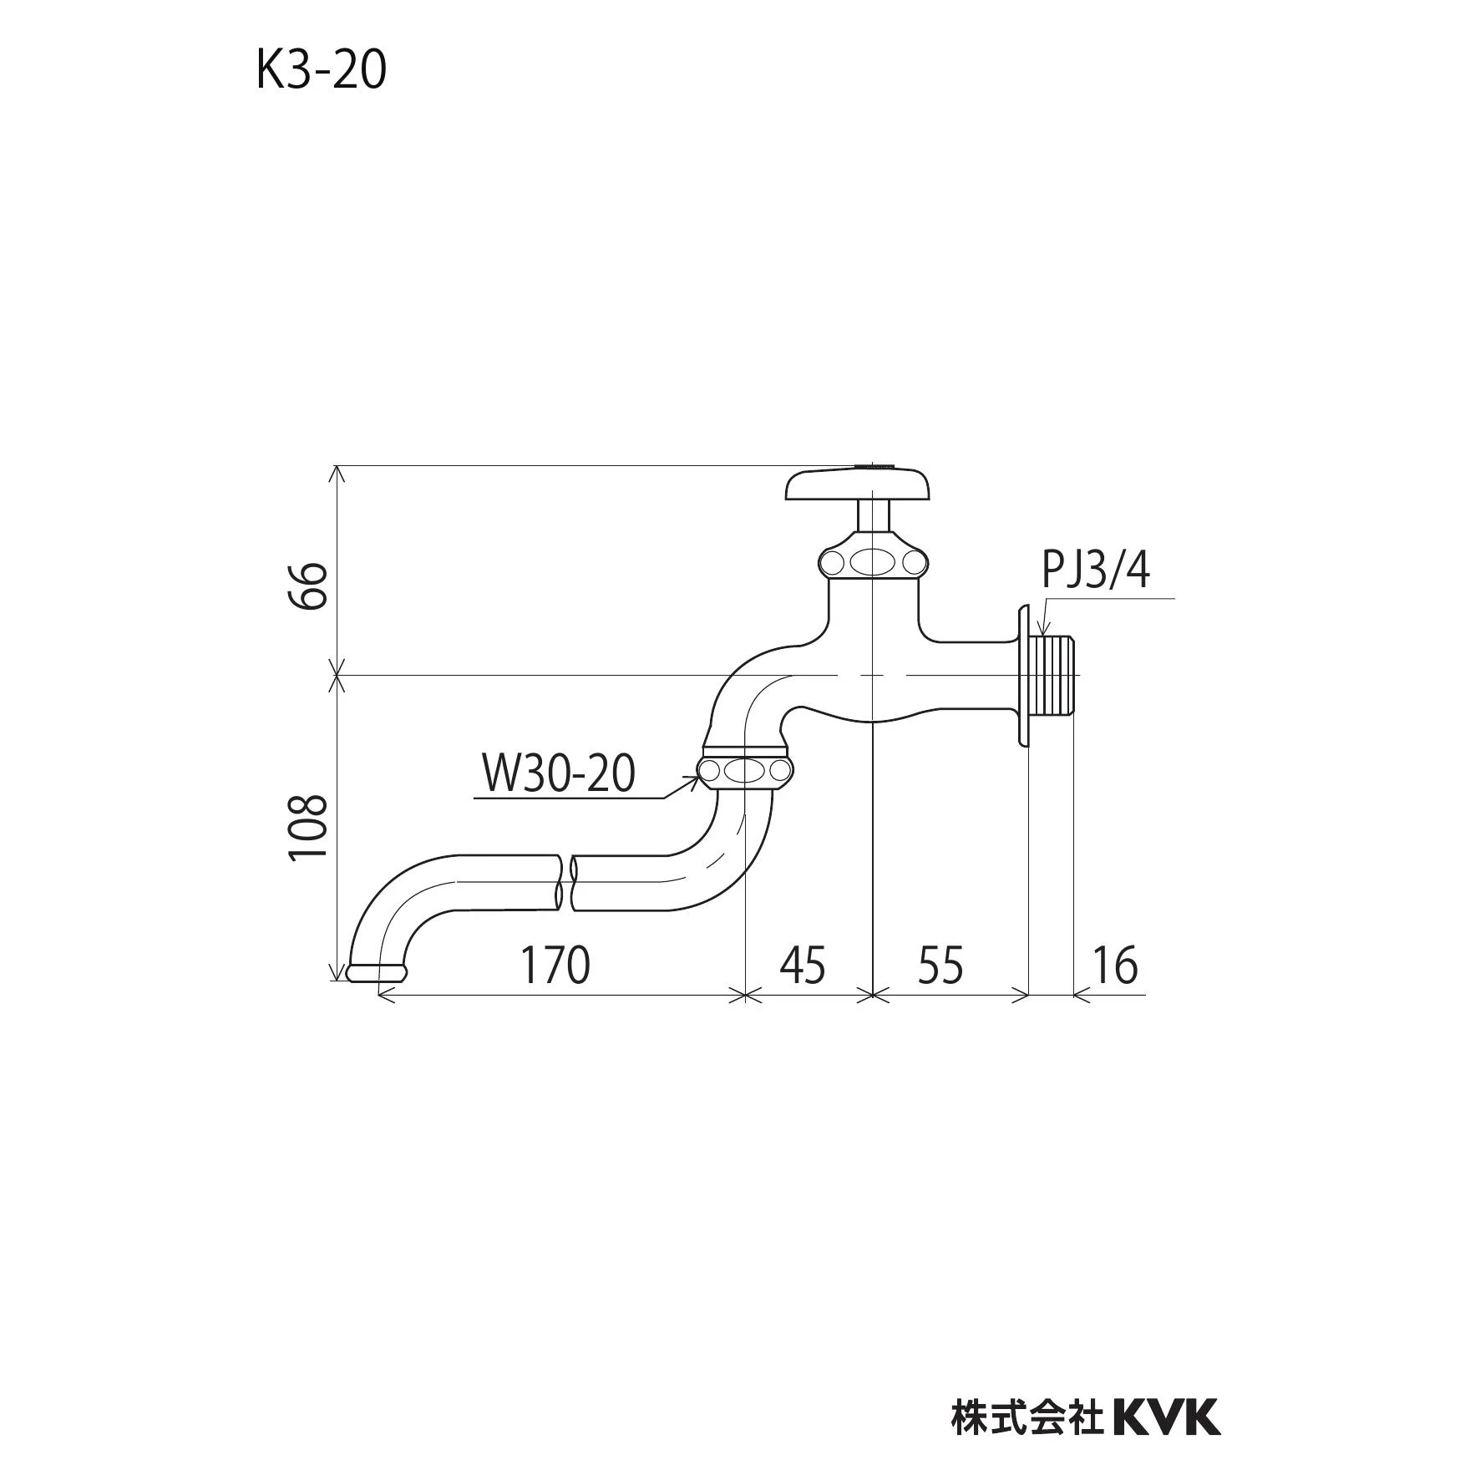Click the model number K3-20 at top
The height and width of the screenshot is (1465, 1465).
[322, 70]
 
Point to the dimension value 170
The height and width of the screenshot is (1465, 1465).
[555, 965]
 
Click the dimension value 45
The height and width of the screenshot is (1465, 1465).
[803, 965]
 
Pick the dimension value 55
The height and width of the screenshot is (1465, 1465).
[941, 965]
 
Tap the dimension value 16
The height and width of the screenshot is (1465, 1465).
[1115, 965]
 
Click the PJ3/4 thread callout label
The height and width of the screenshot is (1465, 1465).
[1096, 570]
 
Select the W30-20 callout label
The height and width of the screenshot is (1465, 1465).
[559, 773]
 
